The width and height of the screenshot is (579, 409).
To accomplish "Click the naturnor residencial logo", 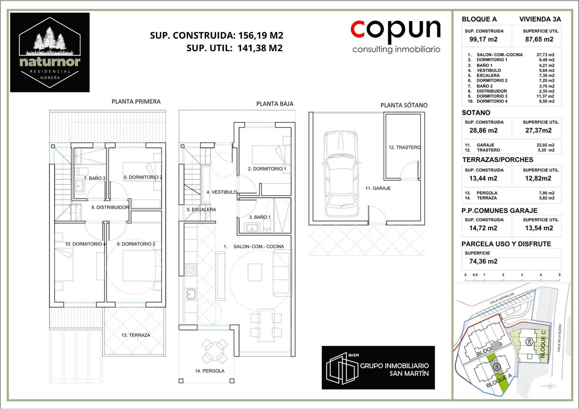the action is [50, 52].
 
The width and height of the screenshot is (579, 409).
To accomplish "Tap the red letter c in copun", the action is [358, 29].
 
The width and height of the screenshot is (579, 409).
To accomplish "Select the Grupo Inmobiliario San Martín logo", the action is [378, 367].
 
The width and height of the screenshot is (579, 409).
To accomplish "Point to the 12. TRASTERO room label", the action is [404, 147].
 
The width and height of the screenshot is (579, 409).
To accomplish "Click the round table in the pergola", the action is [215, 351].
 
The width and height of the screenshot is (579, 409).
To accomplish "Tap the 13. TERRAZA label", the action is [136, 335].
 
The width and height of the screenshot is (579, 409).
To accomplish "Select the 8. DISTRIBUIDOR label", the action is [110, 207].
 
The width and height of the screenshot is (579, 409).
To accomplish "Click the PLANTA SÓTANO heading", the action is [404, 105].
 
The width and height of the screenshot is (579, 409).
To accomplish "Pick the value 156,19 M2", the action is [261, 36].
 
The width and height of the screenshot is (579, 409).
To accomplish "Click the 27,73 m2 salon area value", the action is [545, 55].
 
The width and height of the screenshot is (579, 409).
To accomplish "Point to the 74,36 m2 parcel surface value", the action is [483, 261].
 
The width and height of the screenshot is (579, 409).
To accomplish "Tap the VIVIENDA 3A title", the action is [540, 19].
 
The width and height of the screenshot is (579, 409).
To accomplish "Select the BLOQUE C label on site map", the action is [543, 344].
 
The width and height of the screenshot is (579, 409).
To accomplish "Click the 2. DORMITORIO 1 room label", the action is [267, 169].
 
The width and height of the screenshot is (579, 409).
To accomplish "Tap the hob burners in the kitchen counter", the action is [191, 270].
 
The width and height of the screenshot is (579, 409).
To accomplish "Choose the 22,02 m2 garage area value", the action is [545, 145].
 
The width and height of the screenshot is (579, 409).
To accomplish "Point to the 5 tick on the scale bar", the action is [559, 275].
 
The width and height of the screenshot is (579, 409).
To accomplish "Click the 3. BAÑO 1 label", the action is [260, 217].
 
